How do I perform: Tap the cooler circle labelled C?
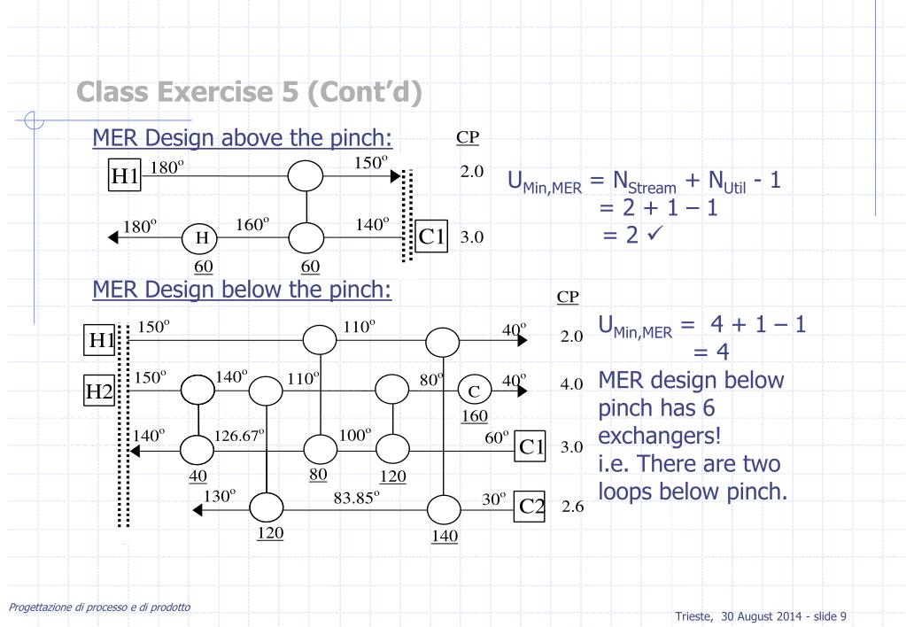[474, 390]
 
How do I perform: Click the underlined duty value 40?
[197, 475]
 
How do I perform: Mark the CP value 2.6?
[569, 511]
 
